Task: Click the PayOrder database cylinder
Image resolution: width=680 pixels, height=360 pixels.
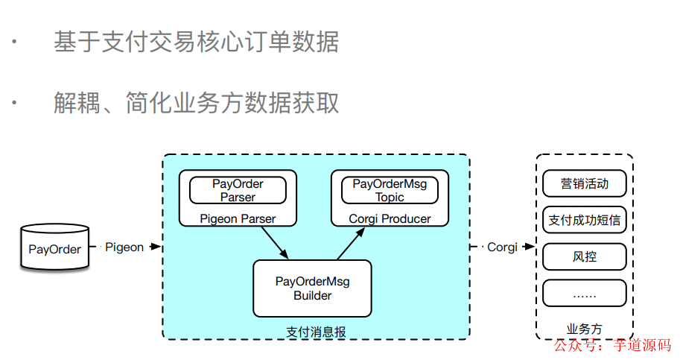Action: tap(54, 248)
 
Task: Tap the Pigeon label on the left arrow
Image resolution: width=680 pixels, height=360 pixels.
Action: tap(124, 247)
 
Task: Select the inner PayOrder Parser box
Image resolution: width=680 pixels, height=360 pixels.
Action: tap(238, 190)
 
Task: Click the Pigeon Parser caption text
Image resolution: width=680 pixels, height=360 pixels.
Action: tap(238, 218)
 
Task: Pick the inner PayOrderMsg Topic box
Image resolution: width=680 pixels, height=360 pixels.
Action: tap(390, 190)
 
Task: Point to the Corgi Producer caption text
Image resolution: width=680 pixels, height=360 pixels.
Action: tap(390, 218)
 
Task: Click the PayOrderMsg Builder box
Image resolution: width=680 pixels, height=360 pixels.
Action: tap(312, 288)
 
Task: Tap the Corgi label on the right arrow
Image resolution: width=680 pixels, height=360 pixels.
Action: tap(501, 247)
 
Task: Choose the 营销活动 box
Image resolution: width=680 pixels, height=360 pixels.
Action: tap(585, 183)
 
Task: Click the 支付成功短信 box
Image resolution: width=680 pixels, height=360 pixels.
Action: tap(585, 220)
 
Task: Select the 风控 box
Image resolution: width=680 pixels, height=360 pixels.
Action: tap(585, 256)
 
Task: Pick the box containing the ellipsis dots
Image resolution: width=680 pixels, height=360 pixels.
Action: tap(585, 293)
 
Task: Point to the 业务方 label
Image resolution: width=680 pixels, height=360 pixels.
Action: tap(585, 329)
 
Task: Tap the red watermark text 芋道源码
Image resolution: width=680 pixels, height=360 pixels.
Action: tap(641, 345)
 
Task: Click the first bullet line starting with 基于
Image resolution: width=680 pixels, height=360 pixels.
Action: tap(196, 42)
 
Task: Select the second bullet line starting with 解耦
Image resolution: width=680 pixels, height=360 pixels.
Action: tap(196, 102)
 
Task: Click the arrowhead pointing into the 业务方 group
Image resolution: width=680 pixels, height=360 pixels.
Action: tap(530, 247)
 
